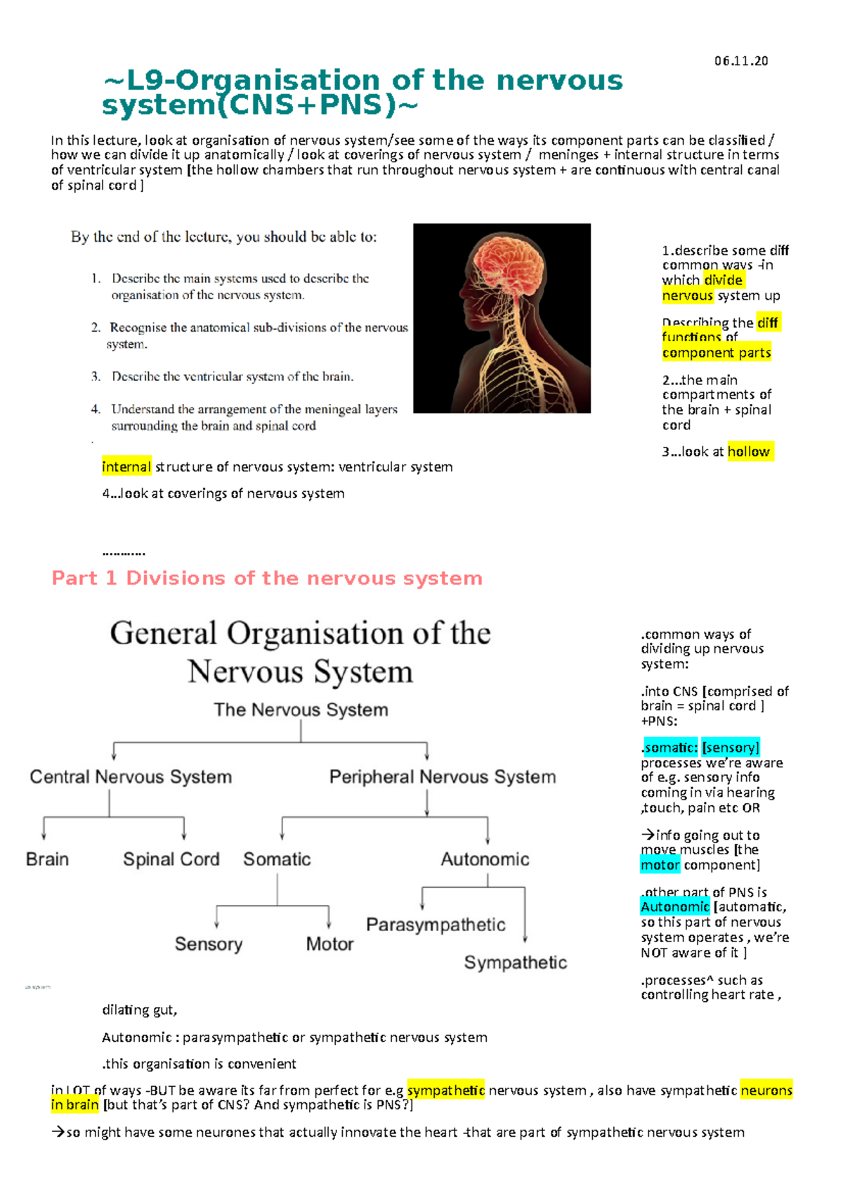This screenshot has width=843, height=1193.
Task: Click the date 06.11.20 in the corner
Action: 740,61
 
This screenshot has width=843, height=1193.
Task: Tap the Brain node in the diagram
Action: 47,859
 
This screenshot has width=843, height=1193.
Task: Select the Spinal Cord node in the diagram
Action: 171,859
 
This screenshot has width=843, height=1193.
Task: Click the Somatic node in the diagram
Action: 277,859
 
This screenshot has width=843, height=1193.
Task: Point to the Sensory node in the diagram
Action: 208,944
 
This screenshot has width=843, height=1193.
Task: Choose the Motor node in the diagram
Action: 329,944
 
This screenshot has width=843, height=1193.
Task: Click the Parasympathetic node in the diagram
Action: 436,925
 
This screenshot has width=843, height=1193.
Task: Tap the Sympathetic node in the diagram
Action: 515,963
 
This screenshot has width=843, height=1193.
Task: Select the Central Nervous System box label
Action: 131,777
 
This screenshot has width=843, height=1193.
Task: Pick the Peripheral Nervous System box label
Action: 443,777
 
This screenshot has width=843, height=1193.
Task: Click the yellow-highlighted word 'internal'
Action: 126,467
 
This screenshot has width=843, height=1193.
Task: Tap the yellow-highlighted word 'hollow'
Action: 749,452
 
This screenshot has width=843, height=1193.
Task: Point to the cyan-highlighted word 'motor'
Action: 660,865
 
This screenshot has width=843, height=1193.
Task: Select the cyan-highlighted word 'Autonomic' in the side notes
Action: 674,907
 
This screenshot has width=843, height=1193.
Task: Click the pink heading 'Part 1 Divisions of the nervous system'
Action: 267,578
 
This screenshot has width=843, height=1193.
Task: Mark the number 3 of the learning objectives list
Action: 96,377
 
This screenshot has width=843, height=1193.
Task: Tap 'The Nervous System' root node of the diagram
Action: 301,710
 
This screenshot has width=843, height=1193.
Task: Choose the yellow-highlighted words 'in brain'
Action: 74,1105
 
